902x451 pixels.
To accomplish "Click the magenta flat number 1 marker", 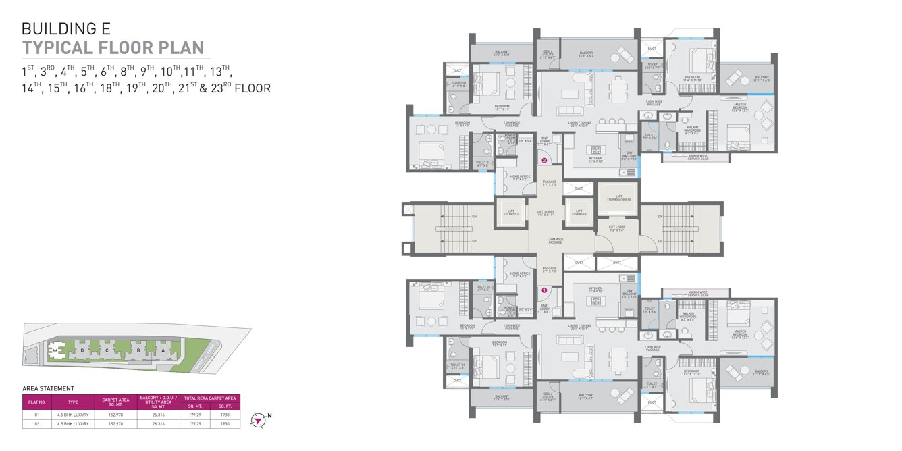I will pos(543,290).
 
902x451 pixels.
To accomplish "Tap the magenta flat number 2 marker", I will pos(543,161).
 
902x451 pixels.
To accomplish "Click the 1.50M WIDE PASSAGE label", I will pos(556,240).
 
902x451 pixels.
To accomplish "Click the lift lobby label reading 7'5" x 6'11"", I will pos(546,213).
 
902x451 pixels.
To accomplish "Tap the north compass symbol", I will pos(257,420).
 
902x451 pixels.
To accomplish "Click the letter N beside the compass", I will pos(270,415).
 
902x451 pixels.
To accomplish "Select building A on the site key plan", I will pos(163,350).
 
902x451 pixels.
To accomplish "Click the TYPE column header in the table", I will pos(73,402).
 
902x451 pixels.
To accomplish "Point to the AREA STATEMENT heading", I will pos(48,389).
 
